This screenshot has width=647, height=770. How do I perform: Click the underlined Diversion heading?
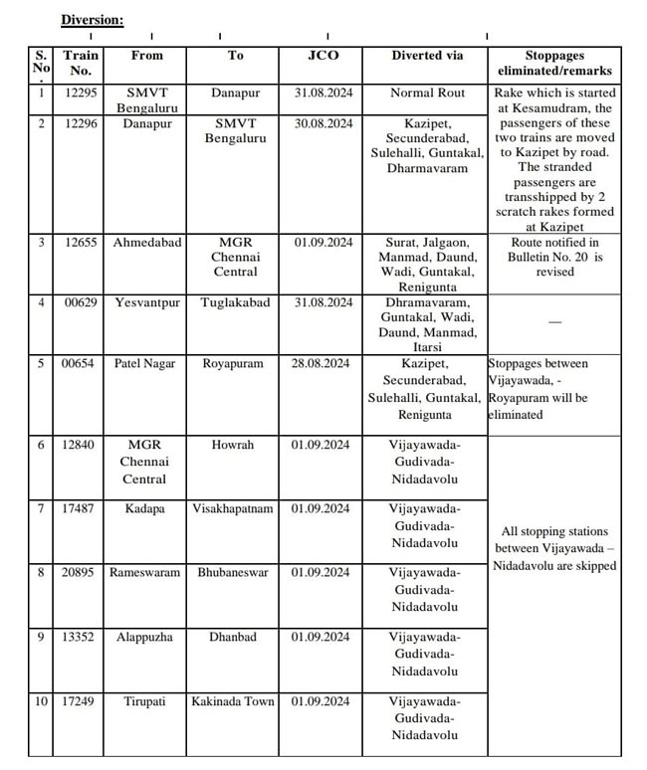(x=92, y=20)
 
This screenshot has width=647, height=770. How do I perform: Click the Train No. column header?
(x=81, y=64)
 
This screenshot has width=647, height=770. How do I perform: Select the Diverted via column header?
(x=427, y=56)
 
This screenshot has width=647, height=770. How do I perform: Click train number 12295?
(x=81, y=94)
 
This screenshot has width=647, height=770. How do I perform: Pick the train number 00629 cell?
(x=81, y=303)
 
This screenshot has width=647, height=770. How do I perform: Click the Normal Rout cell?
(x=427, y=94)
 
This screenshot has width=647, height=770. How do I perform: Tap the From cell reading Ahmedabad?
(x=147, y=243)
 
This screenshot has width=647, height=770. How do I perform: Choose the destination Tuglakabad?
(x=235, y=303)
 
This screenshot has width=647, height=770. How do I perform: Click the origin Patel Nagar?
(x=147, y=364)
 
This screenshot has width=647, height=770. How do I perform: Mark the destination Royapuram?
(x=235, y=364)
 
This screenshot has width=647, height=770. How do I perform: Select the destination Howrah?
(x=235, y=446)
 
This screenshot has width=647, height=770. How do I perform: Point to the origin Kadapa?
(x=147, y=509)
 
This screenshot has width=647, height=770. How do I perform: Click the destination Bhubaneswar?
(x=235, y=573)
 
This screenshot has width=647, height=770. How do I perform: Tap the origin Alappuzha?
(x=147, y=637)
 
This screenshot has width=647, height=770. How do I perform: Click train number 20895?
(x=81, y=573)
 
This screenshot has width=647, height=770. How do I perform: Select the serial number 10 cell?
(x=41, y=701)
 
